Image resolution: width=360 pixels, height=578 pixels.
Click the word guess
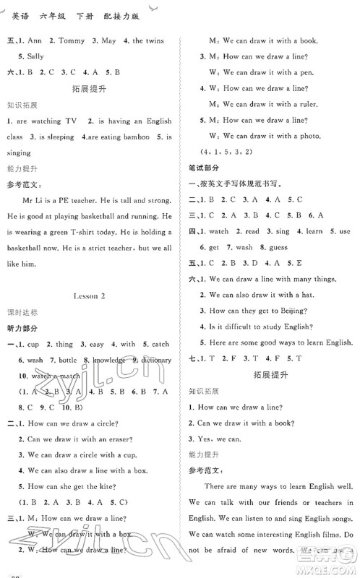click(x=277, y=247)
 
